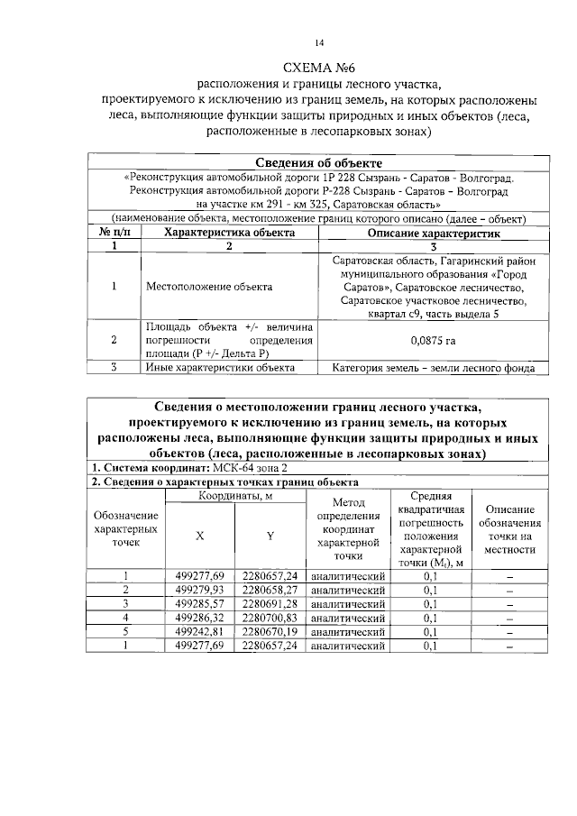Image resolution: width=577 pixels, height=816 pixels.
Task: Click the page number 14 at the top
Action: click(318, 42)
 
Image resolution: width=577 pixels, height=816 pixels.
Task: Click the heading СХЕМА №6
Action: click(320, 67)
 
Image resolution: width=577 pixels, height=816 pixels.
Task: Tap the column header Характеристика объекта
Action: click(229, 232)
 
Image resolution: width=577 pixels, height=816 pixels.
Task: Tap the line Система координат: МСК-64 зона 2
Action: click(191, 468)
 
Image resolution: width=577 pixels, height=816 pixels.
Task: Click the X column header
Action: click(200, 536)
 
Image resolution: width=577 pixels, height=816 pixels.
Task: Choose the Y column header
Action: click(270, 536)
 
